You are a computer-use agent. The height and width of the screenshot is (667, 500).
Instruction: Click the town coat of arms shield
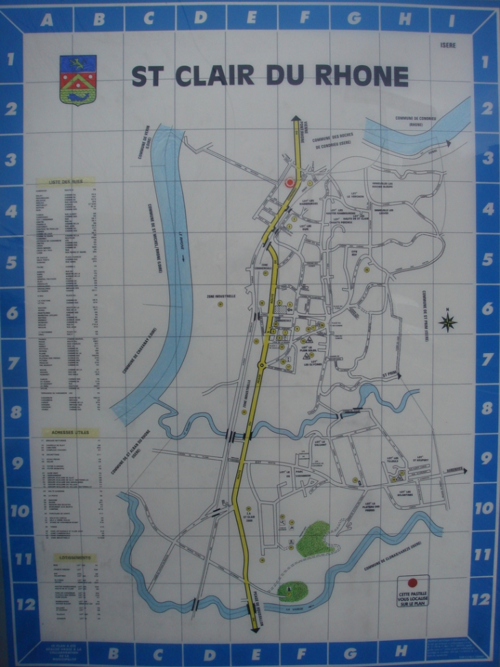click(77, 80)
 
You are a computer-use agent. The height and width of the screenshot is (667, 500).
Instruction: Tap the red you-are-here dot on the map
click(289, 183)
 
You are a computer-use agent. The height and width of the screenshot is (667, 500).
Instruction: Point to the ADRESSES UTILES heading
click(70, 433)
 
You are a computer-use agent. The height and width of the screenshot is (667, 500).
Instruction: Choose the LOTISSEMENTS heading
click(74, 557)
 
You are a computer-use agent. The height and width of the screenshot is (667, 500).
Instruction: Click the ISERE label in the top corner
click(449, 46)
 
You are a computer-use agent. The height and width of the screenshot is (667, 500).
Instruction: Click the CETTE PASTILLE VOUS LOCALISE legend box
click(413, 591)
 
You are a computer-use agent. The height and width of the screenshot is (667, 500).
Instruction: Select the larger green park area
click(314, 536)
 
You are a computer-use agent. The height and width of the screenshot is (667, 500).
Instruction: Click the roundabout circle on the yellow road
click(261, 365)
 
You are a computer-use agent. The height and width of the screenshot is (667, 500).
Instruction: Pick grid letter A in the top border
click(47, 19)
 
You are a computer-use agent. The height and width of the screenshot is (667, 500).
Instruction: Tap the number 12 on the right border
click(480, 599)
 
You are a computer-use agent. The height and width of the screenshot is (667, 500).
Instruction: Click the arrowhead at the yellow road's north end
click(296, 119)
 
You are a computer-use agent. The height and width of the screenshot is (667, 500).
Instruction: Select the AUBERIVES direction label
click(451, 470)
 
